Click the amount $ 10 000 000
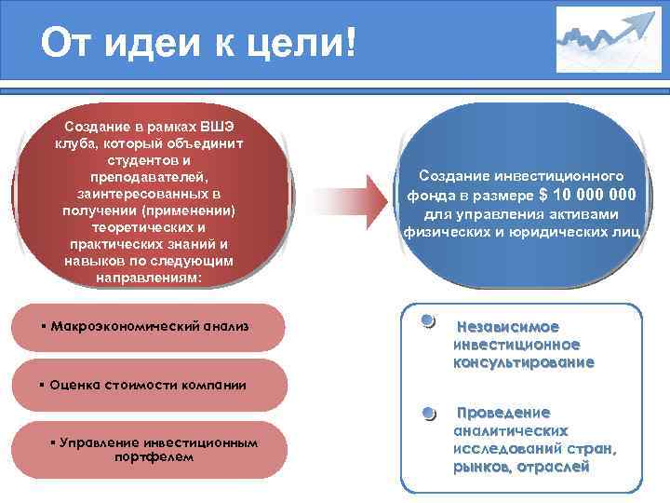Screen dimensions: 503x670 click(587, 195)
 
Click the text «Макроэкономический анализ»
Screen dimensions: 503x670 click(149, 327)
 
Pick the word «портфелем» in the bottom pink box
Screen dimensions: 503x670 click(154, 457)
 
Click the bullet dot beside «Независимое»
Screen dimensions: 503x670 click(426, 322)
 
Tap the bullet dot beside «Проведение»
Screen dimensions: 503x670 click(428, 413)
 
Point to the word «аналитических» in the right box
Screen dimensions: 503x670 click(511, 431)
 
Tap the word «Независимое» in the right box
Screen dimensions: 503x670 click(507, 327)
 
